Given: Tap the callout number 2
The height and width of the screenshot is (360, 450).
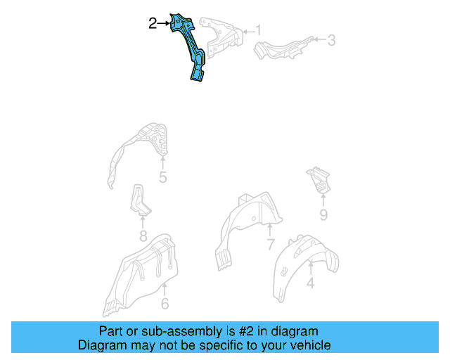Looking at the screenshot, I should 153,24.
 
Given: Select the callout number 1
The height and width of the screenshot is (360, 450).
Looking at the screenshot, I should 258,30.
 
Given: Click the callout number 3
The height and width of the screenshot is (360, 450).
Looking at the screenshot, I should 331,40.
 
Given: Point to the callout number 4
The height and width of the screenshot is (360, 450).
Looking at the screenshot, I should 310,284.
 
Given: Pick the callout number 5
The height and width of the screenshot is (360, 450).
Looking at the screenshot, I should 162,178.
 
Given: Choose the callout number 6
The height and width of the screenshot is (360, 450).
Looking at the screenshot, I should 165,304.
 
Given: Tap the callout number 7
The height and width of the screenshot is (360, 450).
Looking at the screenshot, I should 270,245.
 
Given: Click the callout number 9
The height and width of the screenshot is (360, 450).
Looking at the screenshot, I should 323,214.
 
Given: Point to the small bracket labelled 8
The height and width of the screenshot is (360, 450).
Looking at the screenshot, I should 139,200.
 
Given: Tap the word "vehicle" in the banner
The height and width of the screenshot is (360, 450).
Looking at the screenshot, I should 309,345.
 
